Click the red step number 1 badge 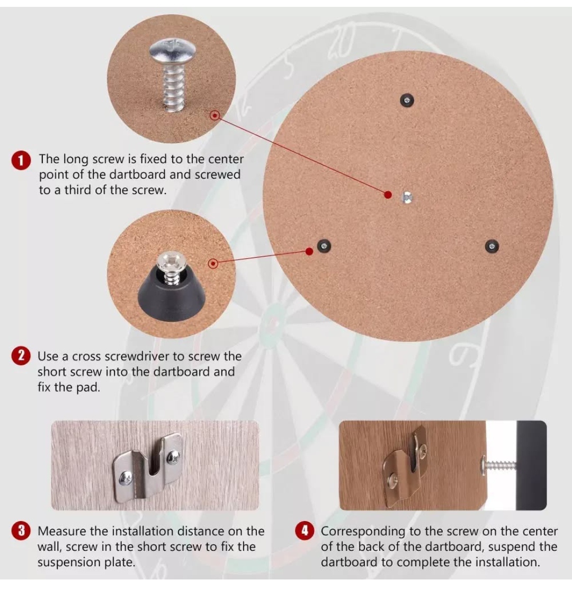click(21, 161)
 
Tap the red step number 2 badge click(21, 356)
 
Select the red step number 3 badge click(21, 530)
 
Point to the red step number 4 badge click(305, 530)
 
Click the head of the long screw click(173, 50)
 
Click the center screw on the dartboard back click(407, 197)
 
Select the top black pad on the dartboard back click(407, 100)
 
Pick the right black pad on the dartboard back click(491, 247)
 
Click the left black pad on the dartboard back click(324, 247)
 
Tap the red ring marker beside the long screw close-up click(215, 116)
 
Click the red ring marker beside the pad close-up click(213, 263)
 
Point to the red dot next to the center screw click(388, 195)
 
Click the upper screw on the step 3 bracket click(173, 457)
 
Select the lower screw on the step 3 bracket click(126, 478)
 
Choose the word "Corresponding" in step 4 click(363, 532)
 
